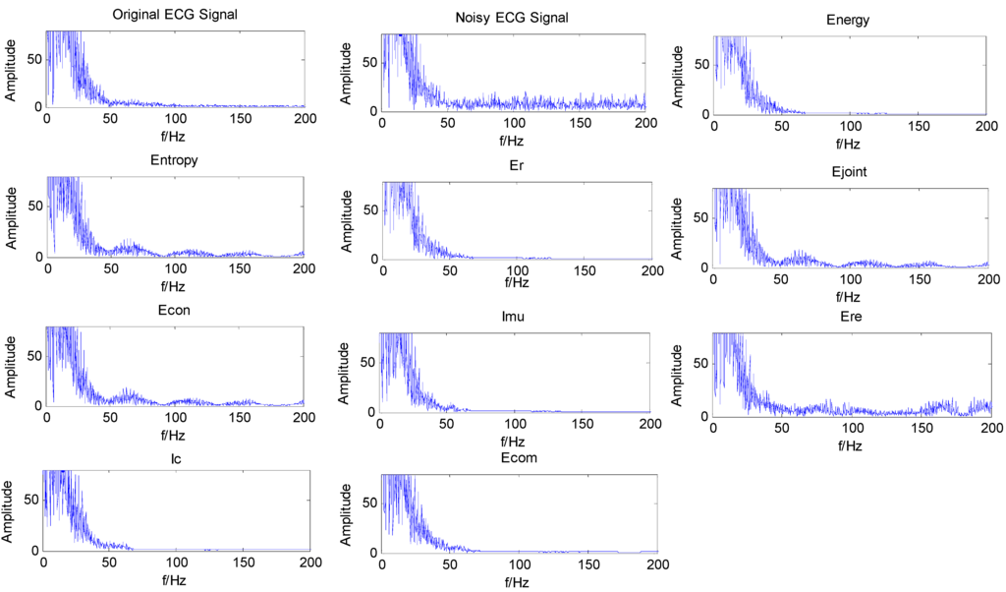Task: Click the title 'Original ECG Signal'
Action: coord(175,15)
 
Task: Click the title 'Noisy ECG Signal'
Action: coord(512,19)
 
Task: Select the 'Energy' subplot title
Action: coord(848,20)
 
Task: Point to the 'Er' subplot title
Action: coord(516,165)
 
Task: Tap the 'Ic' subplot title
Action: coord(175,455)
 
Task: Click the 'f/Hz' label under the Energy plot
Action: coord(849,144)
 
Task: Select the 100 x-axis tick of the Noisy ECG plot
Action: coord(513,125)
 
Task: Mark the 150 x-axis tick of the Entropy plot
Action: coord(239,269)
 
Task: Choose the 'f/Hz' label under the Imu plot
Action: coord(515,442)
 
